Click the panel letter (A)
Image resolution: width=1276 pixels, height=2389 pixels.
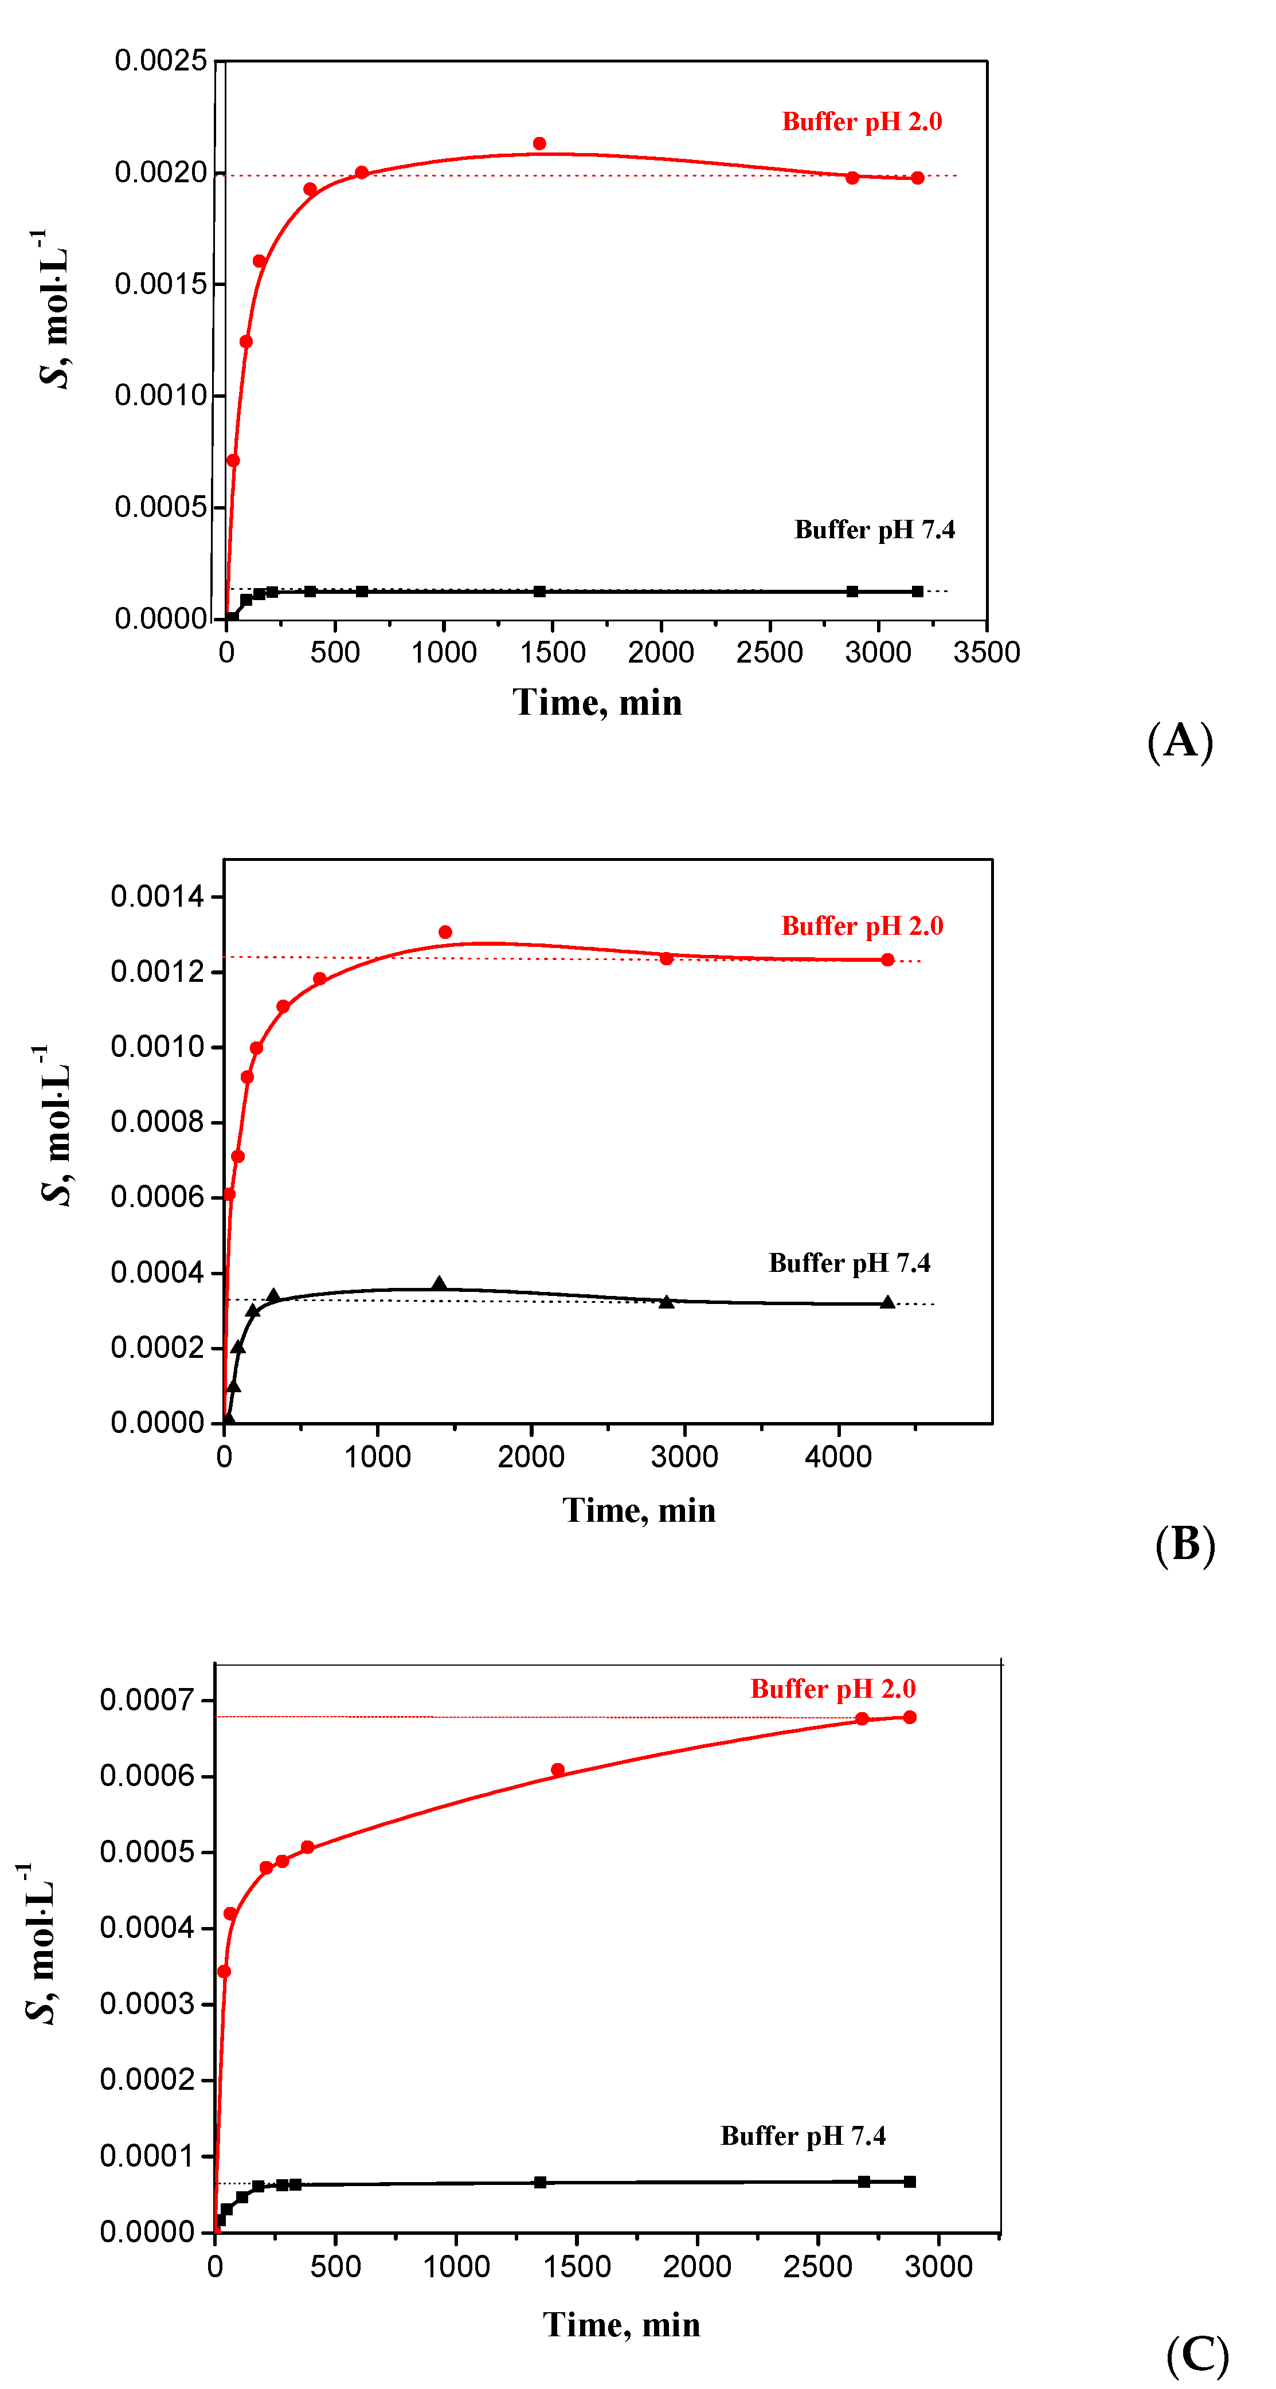tap(1180, 741)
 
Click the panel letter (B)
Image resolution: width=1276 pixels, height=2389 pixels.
tap(1184, 1545)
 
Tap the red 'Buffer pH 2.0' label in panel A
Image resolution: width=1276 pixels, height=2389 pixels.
tap(862, 122)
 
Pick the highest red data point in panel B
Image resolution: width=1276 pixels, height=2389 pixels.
tap(445, 932)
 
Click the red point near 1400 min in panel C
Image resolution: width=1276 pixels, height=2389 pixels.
tap(557, 1769)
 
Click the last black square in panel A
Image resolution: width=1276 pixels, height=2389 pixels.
tap(917, 592)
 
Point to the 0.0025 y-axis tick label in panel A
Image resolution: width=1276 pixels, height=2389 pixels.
tap(161, 61)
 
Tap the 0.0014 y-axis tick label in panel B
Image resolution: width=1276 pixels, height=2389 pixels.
tap(156, 897)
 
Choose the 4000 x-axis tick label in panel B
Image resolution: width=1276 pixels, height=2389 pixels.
tap(838, 1457)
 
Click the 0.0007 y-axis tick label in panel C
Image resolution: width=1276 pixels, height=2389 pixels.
tap(147, 1700)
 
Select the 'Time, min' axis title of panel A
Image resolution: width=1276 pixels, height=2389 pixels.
tap(597, 703)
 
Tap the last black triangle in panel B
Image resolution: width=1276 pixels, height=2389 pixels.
tap(887, 1303)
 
